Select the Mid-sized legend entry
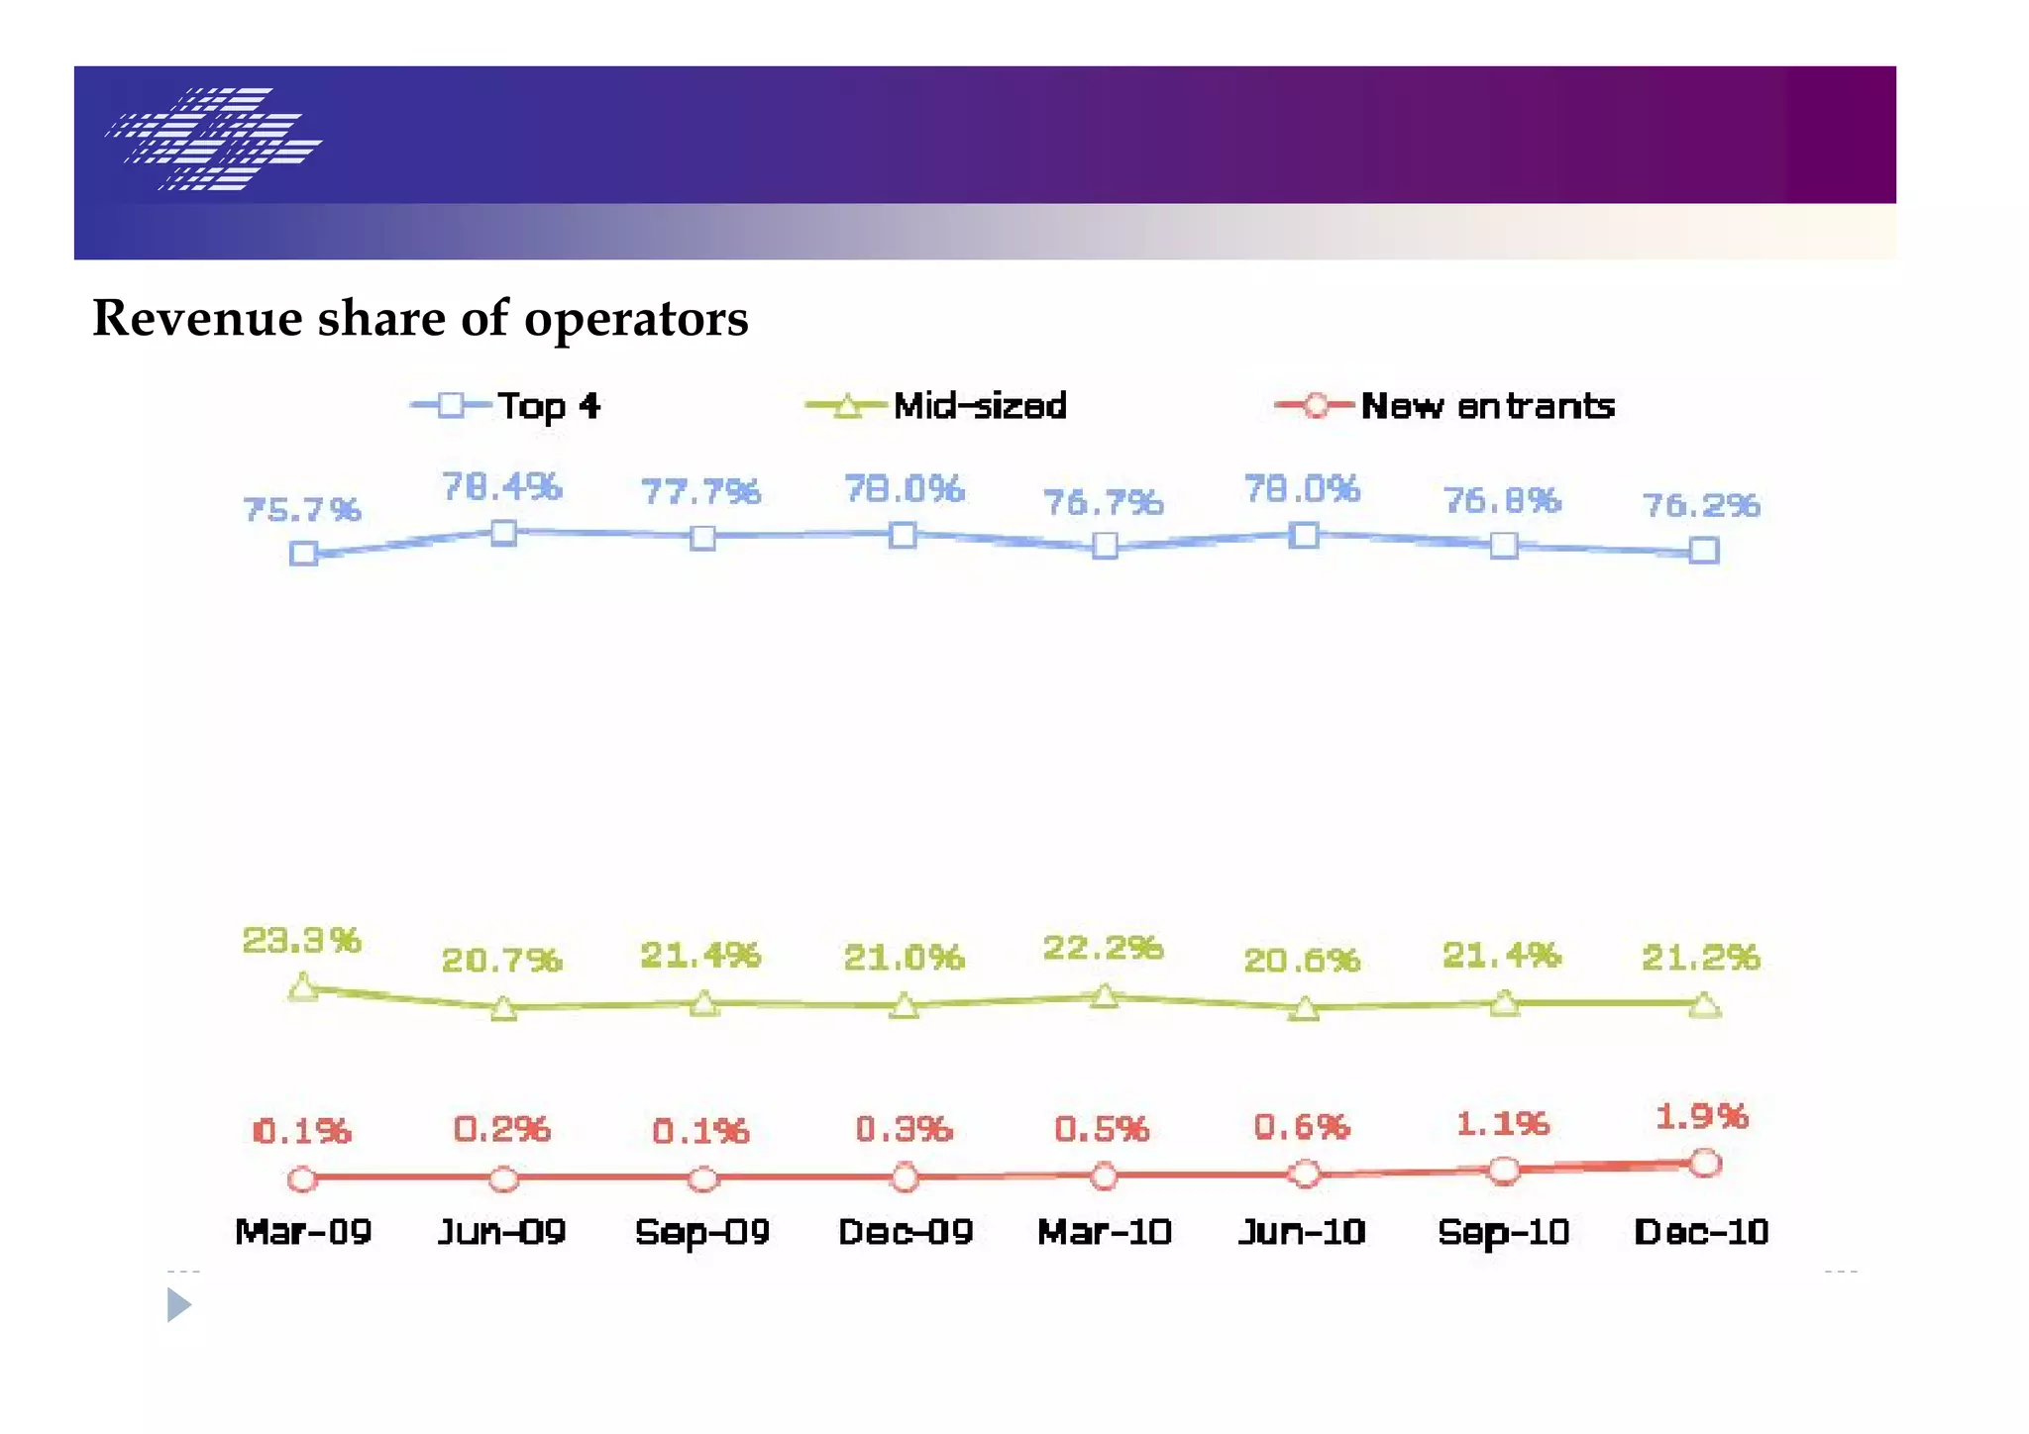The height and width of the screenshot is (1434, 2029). tap(937, 406)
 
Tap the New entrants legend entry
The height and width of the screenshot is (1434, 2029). tap(1446, 406)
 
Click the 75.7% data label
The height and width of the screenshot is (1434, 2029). tap(302, 510)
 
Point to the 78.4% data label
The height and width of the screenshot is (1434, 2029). tap(501, 487)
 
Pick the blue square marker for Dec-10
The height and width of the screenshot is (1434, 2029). tap(1703, 551)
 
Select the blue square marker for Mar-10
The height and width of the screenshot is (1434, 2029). tap(1105, 546)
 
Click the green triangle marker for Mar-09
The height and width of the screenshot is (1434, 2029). tap(303, 987)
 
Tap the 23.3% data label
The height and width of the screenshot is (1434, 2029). tap(302, 940)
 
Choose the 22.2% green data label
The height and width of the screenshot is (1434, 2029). tap(1103, 948)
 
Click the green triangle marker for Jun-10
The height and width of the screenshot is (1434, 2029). tap(1305, 1009)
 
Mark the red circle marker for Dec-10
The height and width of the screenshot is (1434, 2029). tap(1704, 1163)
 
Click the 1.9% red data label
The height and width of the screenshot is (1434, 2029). tap(1701, 1117)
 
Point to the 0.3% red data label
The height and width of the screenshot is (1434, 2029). tap(904, 1129)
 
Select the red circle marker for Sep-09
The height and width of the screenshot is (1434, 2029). tap(702, 1179)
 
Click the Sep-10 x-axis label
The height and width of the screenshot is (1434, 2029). tap(1503, 1233)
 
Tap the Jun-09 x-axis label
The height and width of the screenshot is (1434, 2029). tap(501, 1233)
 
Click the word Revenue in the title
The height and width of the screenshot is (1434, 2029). tap(197, 319)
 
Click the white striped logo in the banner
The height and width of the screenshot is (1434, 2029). tap(214, 139)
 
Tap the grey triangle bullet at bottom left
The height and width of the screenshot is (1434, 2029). tap(177, 1305)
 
